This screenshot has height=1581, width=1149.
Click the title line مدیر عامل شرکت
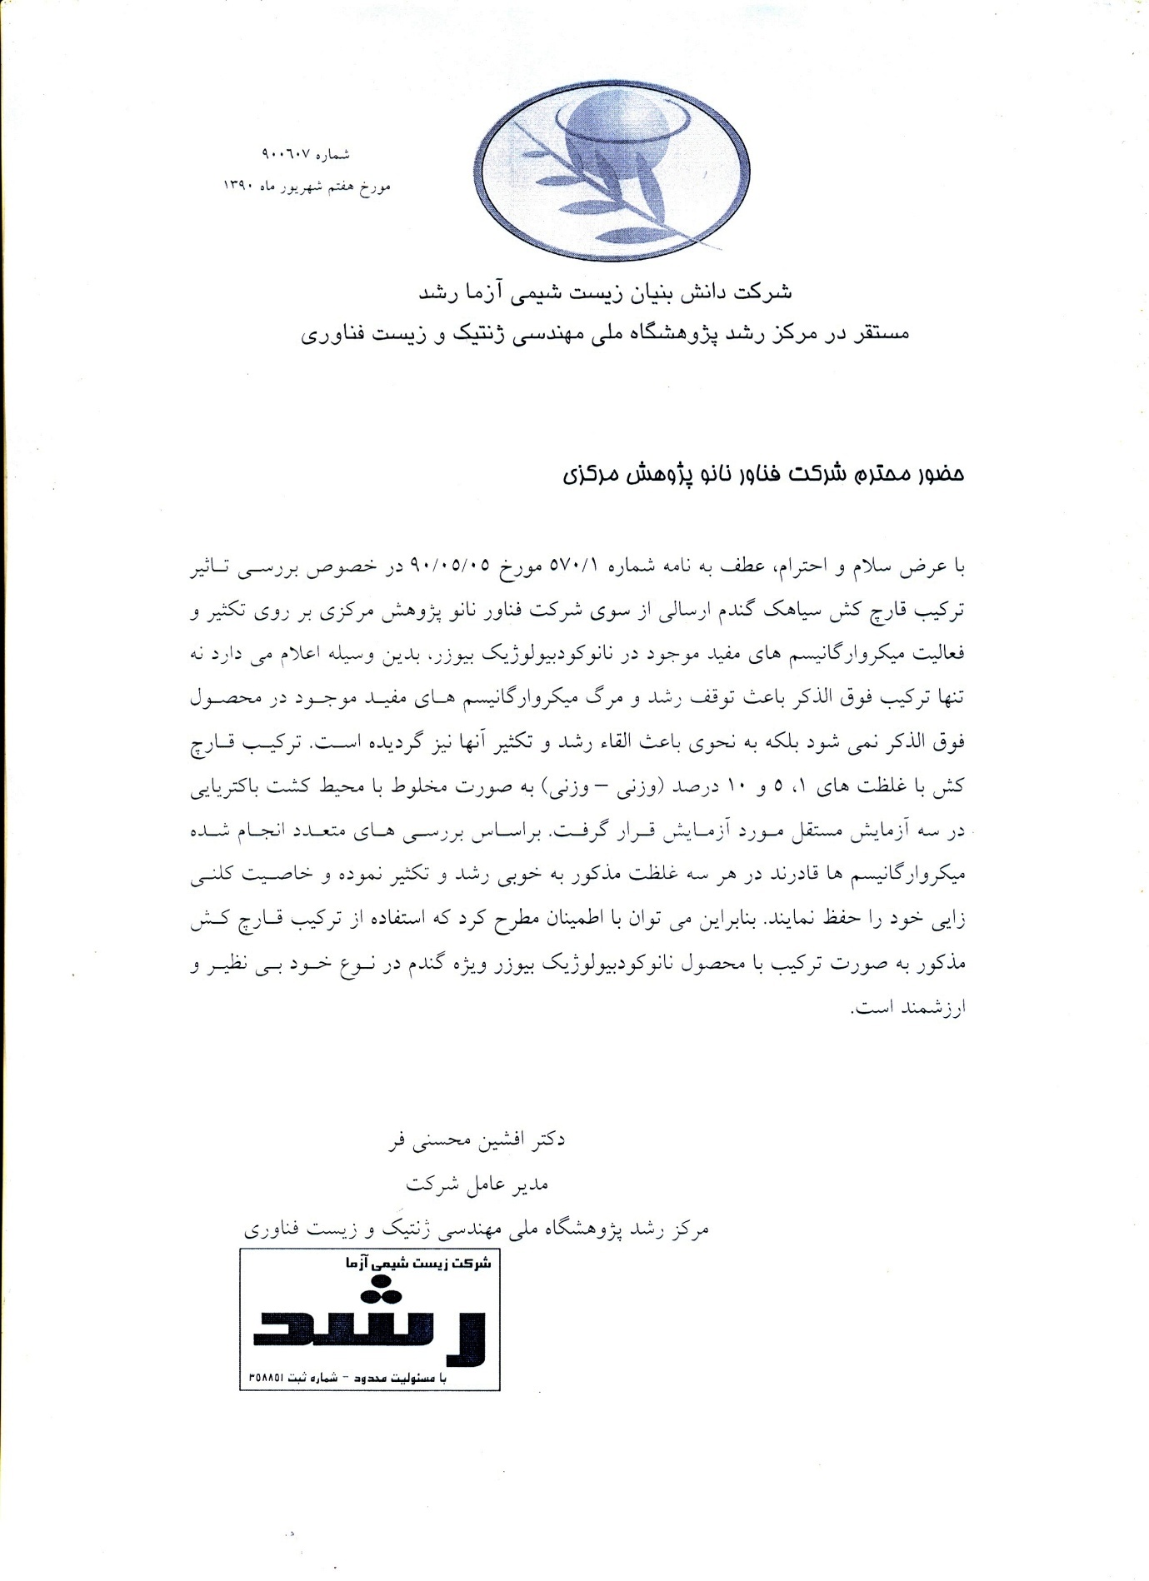pyautogui.click(x=477, y=1184)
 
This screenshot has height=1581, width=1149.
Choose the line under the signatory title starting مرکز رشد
pyautogui.click(x=476, y=1228)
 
